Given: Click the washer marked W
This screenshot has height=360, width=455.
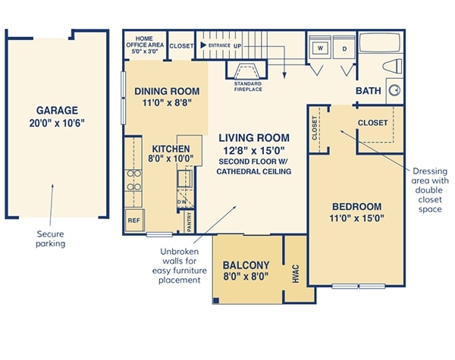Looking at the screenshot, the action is coord(320,47).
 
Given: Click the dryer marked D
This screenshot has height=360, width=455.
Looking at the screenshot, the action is coord(344,47).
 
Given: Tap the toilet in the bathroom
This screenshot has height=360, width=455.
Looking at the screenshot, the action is coord(392,66).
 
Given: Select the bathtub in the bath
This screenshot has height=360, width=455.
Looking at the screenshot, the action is coord(380,42).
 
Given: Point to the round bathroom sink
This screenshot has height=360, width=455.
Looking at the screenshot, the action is coord(394,90).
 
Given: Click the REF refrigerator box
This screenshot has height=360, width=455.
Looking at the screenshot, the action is coord(134,221).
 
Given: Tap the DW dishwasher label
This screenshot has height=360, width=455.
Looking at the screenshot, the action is coord(182,202).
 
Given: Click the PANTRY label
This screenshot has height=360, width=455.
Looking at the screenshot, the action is coord(189,222).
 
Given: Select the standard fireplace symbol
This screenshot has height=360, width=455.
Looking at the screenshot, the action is coord(246,71).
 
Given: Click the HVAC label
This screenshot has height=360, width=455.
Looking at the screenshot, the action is coord(296,274).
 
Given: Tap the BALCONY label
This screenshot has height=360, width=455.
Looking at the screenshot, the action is coord(246,265).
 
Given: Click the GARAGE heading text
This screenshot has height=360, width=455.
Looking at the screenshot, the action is coord(57,110).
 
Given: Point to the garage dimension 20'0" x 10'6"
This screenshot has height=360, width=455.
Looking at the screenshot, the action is coord(57,123).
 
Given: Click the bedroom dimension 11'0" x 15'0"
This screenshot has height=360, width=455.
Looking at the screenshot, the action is coord(356,218).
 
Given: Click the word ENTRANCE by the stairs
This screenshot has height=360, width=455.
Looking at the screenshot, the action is coord(219,45).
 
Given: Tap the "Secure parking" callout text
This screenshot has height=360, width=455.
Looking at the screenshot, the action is coord(51,239).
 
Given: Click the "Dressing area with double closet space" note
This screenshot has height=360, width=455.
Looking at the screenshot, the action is coord(430,190).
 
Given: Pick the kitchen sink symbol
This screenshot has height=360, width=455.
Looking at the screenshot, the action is coord(184,178).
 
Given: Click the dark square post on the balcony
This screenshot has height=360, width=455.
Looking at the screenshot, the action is coord(216,301).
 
